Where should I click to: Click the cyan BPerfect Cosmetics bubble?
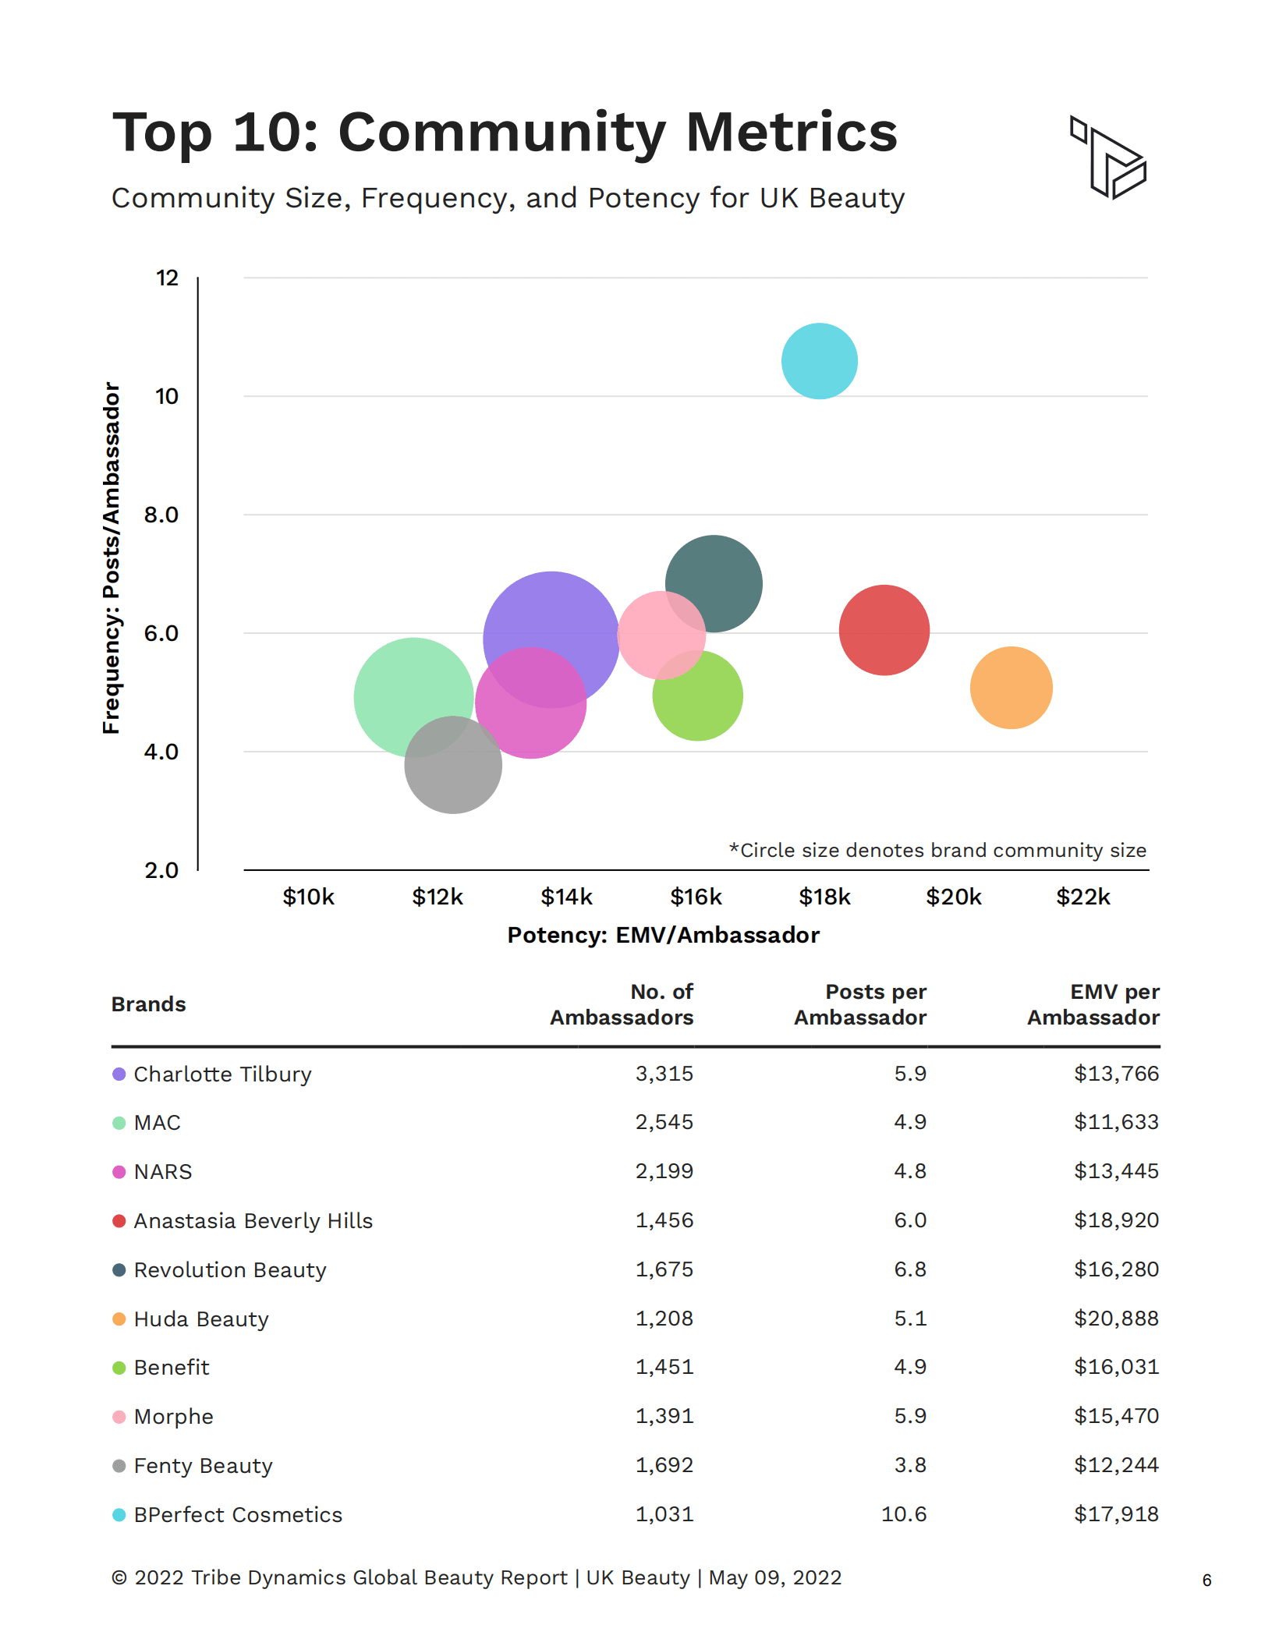(x=819, y=361)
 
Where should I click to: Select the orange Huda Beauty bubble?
(x=1011, y=688)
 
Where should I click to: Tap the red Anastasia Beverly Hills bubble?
(x=884, y=630)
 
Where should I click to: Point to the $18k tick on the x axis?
(x=824, y=897)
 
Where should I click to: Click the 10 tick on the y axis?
(x=167, y=396)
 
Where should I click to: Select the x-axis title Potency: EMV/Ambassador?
(x=663, y=935)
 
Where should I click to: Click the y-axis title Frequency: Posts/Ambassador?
(x=112, y=558)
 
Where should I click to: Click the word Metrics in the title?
(x=791, y=132)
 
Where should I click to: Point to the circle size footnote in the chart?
(x=937, y=850)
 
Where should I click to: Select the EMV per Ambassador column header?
(x=1093, y=1004)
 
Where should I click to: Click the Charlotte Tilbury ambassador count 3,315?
(x=664, y=1074)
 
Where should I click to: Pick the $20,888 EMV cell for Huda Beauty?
(x=1116, y=1319)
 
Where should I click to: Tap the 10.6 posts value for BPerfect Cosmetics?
(x=903, y=1514)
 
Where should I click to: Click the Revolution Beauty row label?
(x=230, y=1269)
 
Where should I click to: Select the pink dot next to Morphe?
(x=119, y=1417)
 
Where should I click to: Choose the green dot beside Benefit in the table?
(x=119, y=1368)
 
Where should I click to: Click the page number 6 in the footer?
(x=1206, y=1580)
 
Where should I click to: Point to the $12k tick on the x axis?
(x=438, y=897)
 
